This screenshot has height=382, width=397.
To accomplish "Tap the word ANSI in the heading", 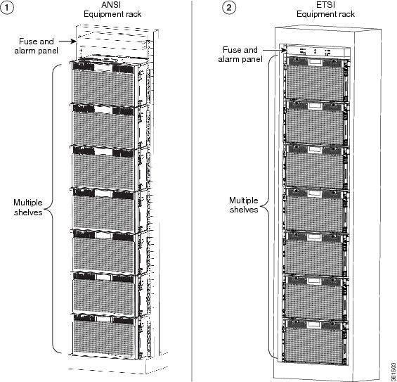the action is coord(111,5).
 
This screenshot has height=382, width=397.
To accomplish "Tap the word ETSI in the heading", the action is coord(325,5).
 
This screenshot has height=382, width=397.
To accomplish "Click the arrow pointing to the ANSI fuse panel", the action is coord(67,41).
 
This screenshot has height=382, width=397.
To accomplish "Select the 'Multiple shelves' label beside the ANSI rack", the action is coord(28,207).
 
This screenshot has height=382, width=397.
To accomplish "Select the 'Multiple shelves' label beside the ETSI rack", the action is coord(244,205).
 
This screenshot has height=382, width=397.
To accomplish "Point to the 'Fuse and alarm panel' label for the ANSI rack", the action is coord(37,46).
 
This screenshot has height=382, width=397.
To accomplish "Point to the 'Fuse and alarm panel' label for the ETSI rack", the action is coord(240,54).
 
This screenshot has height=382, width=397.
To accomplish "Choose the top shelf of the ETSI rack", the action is coord(315,78).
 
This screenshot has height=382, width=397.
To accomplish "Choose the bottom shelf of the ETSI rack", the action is coord(315,340).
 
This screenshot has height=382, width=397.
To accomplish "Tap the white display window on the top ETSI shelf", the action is coord(315,62).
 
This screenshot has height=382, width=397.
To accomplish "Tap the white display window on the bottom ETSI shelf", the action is coord(314,325).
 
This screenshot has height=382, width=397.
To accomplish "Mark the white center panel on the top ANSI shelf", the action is coord(103,68).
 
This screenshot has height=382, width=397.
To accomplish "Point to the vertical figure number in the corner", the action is coord(393,371).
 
